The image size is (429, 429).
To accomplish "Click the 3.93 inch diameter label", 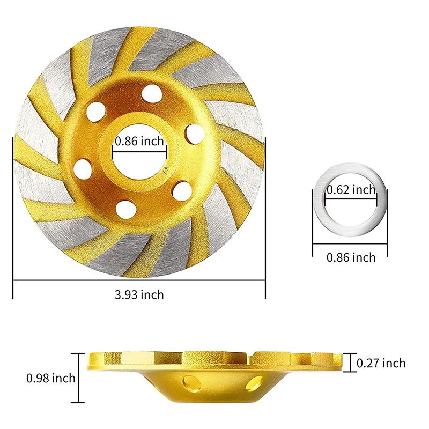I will [139, 294].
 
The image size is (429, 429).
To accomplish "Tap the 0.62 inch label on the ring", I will [351, 189].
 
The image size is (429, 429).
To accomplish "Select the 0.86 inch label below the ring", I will [351, 257].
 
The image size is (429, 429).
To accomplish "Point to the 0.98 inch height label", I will [51, 379].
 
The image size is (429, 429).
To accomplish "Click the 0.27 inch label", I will [382, 364].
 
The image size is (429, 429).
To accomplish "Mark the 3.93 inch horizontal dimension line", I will [139, 280].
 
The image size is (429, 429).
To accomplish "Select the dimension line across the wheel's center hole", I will [139, 152].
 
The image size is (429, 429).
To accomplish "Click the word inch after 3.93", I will [153, 294].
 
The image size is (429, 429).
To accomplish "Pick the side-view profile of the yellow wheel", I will [214, 375].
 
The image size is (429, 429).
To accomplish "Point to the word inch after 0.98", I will [64, 379].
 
